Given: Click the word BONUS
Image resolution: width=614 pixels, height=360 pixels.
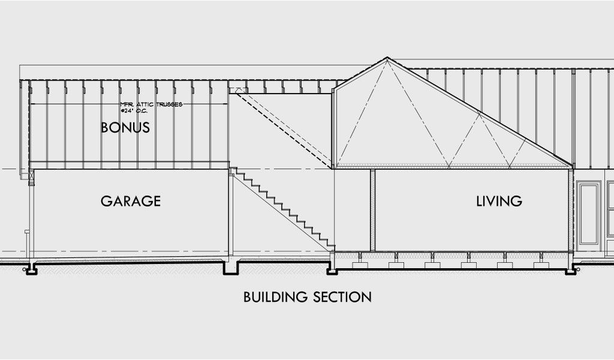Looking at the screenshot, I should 125,128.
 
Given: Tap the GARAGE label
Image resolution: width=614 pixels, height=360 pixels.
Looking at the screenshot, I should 131,201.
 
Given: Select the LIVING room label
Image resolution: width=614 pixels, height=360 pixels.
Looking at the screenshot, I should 499,201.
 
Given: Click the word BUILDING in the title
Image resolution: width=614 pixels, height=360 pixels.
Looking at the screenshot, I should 273,296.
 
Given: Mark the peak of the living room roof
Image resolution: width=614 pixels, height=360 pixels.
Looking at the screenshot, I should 387,58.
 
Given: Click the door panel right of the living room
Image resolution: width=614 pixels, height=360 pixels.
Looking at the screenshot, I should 590,213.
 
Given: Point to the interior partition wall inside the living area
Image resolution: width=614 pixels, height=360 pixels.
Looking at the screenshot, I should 372,210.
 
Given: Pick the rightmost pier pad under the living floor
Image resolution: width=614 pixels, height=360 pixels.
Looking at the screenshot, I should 536,264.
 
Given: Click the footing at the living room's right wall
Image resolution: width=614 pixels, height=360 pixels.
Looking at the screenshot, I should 569,269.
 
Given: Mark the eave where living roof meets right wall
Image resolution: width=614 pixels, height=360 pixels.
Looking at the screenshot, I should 569,166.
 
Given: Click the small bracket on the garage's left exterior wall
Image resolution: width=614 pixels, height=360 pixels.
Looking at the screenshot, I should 26,231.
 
